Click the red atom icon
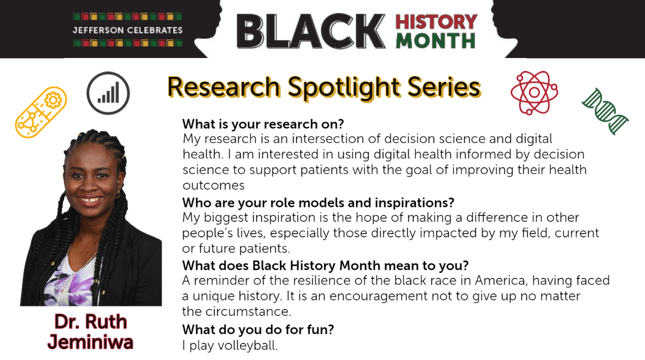[x=534, y=92]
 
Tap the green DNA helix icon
[x=605, y=112]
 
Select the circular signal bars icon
[x=108, y=93]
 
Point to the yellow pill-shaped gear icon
[x=41, y=112]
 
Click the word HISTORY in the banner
[x=436, y=22]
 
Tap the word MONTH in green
[x=435, y=41]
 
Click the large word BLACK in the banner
[x=311, y=31]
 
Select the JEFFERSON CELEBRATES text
[x=127, y=30]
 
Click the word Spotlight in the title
[x=344, y=88]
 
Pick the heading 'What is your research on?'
[x=263, y=124]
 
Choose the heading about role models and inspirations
[x=318, y=203]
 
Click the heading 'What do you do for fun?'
[x=258, y=329]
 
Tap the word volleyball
[x=248, y=345]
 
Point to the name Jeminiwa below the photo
[x=90, y=342]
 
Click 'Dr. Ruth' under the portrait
[x=91, y=321]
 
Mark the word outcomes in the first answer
[x=213, y=185]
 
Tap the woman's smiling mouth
[x=90, y=199]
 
